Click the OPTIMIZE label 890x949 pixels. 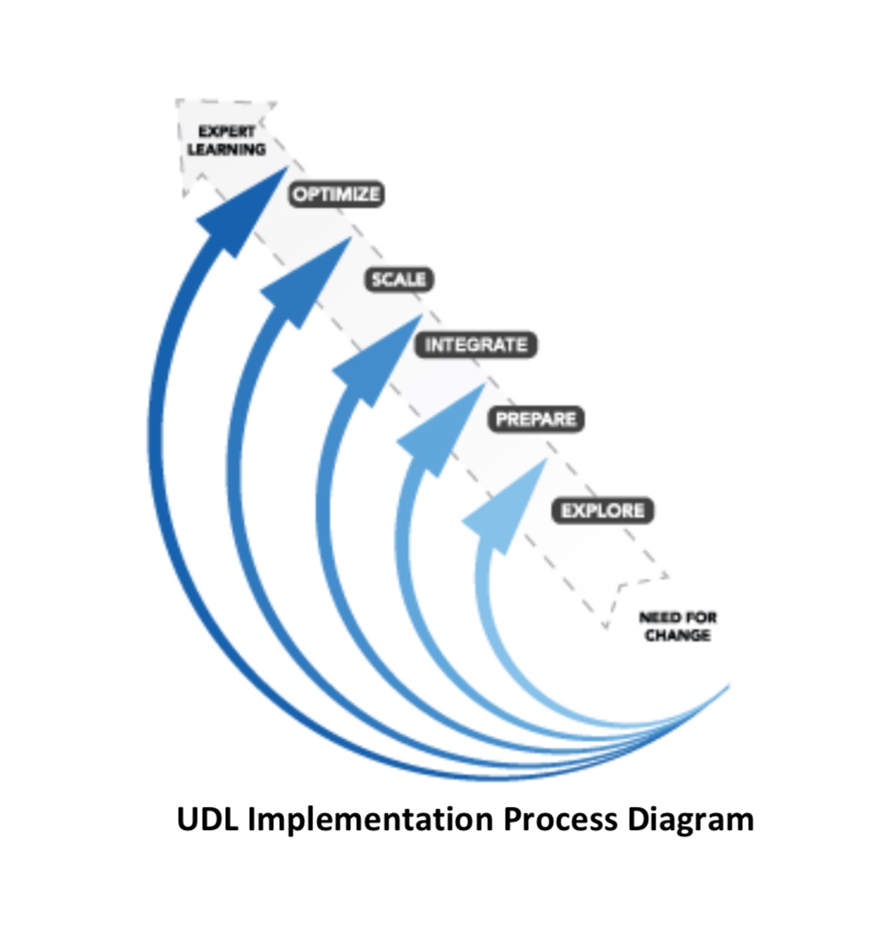[x=335, y=194]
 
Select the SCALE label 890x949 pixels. [x=398, y=279]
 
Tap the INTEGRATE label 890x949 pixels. [x=476, y=345]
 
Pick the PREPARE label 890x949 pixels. [x=536, y=419]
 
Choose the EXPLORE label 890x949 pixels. [x=602, y=511]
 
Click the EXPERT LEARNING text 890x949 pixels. [x=227, y=140]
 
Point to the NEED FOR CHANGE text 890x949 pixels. [x=678, y=626]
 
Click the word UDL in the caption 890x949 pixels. [x=210, y=819]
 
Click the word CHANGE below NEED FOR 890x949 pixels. [x=678, y=636]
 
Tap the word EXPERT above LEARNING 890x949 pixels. [x=227, y=132]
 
